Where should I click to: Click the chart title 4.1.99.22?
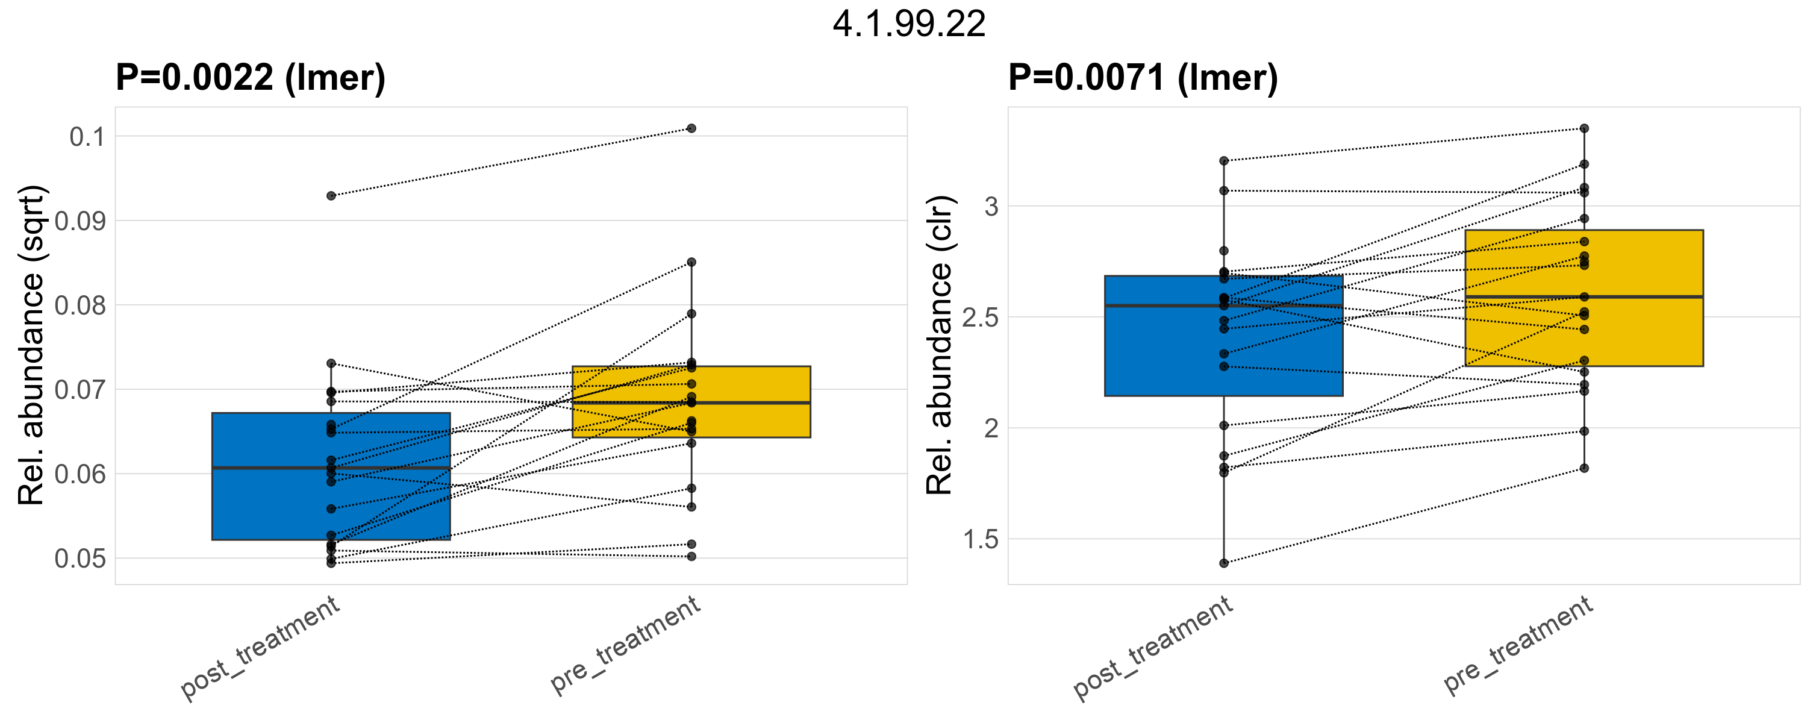tap(909, 25)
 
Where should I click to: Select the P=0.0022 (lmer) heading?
tap(251, 77)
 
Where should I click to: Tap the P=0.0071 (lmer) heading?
tap(1143, 77)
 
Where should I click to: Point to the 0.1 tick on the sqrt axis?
tap(87, 137)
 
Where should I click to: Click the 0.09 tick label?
tap(80, 222)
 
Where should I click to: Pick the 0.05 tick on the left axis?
tap(80, 559)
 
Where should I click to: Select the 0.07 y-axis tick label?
tap(80, 390)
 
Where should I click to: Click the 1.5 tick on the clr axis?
tap(981, 540)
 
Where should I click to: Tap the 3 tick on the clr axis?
tap(991, 207)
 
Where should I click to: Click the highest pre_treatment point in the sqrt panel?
tap(691, 128)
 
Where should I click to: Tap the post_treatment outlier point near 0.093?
tap(331, 196)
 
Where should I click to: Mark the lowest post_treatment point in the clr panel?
tap(1224, 563)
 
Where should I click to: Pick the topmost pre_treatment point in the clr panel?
tap(1584, 128)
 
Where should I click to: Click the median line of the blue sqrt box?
tap(331, 468)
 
